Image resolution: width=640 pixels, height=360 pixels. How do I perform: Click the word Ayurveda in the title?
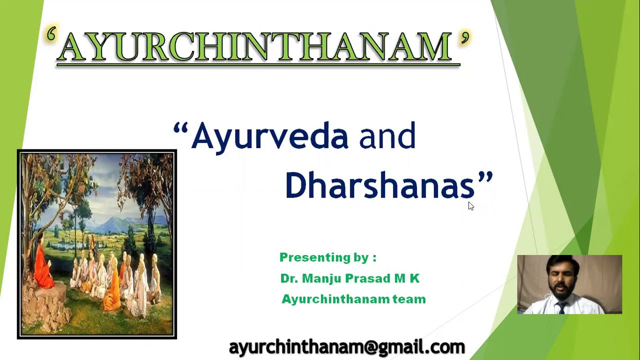[x=270, y=136]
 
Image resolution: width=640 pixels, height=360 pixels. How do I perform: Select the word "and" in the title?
[x=387, y=136]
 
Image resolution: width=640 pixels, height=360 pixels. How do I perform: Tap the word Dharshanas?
[x=379, y=185]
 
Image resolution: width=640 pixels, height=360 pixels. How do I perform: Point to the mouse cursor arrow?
[x=470, y=205]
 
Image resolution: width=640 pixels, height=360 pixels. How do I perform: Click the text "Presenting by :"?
[x=327, y=257]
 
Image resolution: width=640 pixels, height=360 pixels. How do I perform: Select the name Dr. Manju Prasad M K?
[x=350, y=278]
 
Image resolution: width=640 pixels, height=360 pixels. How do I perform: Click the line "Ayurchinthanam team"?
[x=353, y=299]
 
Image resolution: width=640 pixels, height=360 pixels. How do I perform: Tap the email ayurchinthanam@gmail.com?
[x=346, y=346]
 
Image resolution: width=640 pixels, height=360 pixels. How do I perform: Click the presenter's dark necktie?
[x=561, y=306]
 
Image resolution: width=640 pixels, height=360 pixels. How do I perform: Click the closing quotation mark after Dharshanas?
[x=485, y=178]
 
